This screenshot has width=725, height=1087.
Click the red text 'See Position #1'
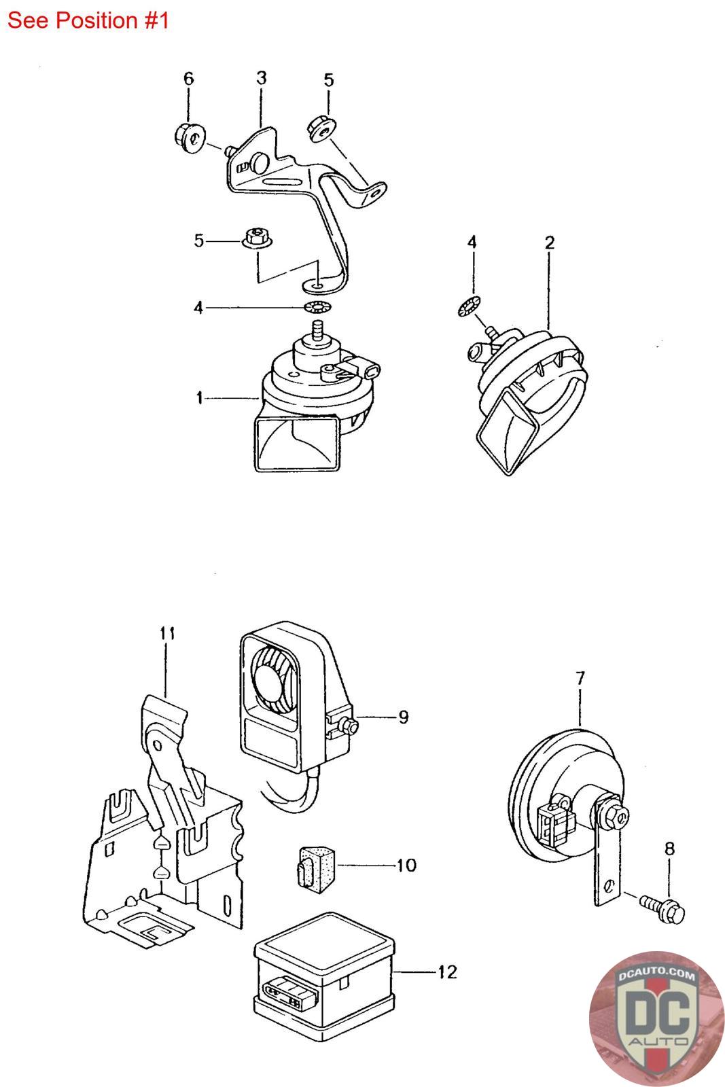point(88,20)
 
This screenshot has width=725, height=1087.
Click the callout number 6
point(188,79)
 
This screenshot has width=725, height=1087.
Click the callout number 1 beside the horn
point(199,397)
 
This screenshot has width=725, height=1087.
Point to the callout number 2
point(549,243)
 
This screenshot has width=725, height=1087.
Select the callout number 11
point(167,634)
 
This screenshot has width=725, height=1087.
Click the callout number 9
point(404,717)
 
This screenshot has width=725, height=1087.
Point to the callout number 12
point(447,972)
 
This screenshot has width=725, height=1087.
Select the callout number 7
point(580,677)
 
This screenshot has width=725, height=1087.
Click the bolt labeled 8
point(660,905)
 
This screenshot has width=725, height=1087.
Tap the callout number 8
point(669,849)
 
